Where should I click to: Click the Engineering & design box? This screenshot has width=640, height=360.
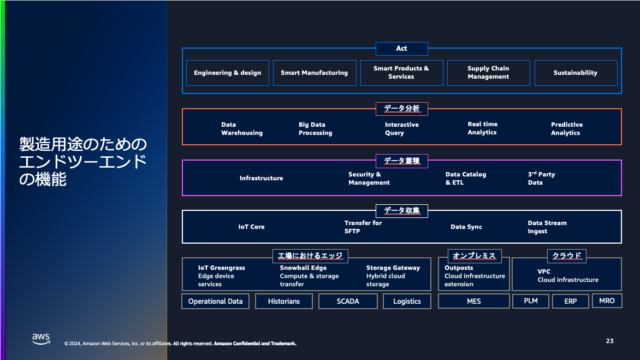(228, 73)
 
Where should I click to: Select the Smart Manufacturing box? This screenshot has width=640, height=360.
(314, 73)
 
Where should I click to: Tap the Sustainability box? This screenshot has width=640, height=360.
(576, 73)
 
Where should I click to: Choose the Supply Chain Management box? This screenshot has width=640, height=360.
(488, 73)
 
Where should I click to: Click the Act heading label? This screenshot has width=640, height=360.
(401, 49)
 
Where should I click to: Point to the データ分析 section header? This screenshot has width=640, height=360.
(401, 109)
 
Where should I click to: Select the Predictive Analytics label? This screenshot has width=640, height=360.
(566, 129)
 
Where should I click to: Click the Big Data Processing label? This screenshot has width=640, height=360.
(315, 129)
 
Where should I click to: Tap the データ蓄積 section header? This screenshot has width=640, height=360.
(401, 161)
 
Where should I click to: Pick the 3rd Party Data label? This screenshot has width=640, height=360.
(541, 179)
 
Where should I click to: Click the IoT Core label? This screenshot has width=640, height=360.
(251, 227)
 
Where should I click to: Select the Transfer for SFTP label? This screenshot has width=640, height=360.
(363, 227)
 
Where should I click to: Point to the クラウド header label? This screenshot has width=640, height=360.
(566, 255)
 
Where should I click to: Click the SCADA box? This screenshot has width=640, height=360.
(348, 301)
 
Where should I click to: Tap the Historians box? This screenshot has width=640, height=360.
(284, 301)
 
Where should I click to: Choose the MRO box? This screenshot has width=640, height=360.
(607, 300)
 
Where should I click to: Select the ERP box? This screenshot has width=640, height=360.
(570, 301)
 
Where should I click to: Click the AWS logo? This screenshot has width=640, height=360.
(41, 339)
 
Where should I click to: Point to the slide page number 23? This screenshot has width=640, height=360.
(609, 341)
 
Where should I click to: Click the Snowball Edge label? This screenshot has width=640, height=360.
(303, 268)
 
